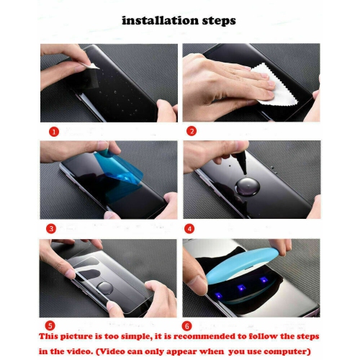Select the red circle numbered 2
(192, 131)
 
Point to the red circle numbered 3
(52, 228)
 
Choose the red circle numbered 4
(190, 228)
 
